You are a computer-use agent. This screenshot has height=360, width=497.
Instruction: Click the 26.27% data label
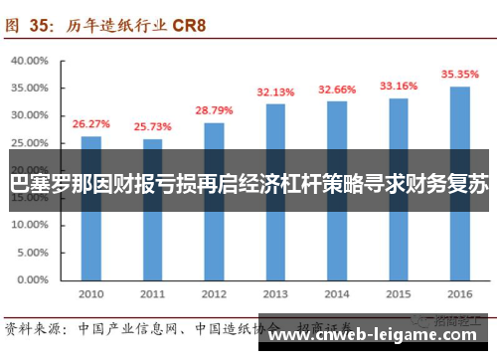(91, 124)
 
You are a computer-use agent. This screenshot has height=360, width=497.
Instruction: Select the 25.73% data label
(152, 127)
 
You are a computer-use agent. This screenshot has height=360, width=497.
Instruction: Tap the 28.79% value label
(214, 110)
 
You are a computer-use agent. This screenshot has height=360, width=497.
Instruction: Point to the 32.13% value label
(275, 91)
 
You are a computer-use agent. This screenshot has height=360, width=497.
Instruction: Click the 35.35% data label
(459, 73)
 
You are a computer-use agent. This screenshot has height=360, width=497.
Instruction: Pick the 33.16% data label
(398, 86)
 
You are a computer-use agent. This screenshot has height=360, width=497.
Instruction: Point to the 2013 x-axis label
(275, 294)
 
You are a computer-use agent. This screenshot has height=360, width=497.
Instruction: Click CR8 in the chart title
(185, 25)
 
